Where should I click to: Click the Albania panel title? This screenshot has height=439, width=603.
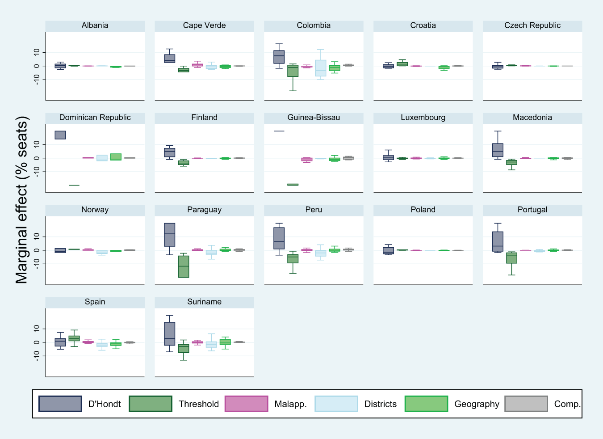(x=95, y=25)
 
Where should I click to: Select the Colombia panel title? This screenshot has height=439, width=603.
(x=314, y=25)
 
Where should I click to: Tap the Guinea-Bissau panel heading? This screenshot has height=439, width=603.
(x=314, y=118)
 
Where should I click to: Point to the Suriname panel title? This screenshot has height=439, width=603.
(x=204, y=302)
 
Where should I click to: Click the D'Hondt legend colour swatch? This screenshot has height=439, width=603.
(x=60, y=404)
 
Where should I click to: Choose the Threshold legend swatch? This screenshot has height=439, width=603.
(x=151, y=404)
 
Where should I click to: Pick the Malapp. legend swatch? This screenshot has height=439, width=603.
(x=246, y=404)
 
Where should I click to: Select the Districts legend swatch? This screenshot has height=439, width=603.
(x=336, y=404)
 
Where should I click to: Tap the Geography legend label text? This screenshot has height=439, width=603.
(x=477, y=404)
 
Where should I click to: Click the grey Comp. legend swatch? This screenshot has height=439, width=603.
(x=526, y=404)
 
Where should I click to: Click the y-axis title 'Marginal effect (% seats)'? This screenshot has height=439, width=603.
(x=21, y=200)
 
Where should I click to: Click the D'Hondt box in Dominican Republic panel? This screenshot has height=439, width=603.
(x=60, y=135)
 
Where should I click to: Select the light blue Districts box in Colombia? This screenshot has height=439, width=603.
(x=321, y=68)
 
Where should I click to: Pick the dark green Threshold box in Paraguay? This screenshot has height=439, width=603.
(x=184, y=266)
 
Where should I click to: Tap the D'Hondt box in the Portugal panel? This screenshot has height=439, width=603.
(x=498, y=241)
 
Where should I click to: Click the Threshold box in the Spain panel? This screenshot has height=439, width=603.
(x=74, y=338)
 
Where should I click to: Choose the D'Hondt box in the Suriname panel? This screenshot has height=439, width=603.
(x=170, y=333)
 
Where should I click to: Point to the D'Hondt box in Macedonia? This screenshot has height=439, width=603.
(x=498, y=150)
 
